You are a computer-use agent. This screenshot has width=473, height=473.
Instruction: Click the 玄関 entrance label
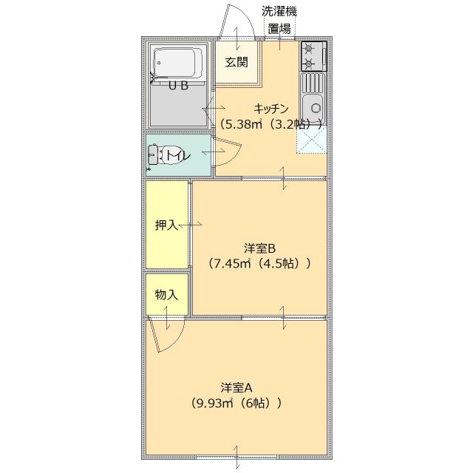pos(236,61)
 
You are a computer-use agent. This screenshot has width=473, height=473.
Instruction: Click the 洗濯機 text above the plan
pos(279,12)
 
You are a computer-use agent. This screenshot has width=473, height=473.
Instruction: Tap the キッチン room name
pos(270,108)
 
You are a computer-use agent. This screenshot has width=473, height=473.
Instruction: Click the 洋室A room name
pos(236,387)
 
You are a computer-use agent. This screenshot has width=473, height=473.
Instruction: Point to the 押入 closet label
pos(166,225)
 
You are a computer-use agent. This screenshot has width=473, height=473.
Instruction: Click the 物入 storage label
pos(166,294)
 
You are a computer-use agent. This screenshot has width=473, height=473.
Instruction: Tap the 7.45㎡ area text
pos(231,263)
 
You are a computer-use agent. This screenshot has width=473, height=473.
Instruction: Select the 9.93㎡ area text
pos(213,404)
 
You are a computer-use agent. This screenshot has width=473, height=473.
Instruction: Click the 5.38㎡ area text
pos(242,124)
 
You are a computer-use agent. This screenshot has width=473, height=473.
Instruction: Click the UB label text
pos(177,86)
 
